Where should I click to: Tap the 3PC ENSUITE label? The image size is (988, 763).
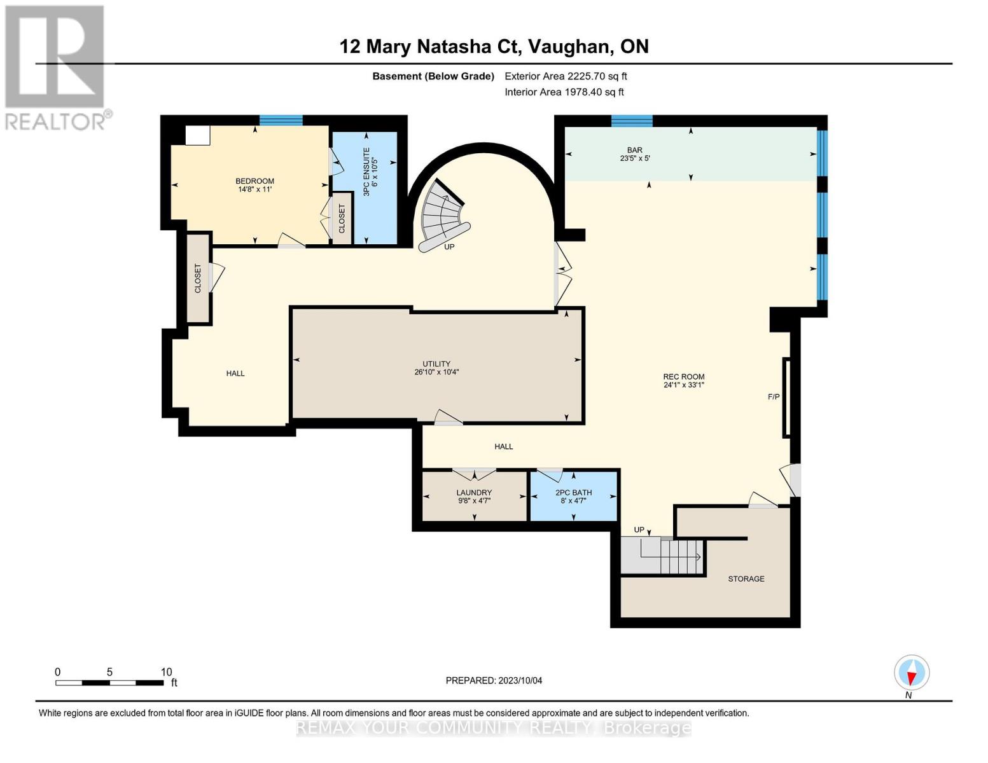pyautogui.click(x=366, y=172)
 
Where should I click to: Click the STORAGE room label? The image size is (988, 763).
pyautogui.click(x=746, y=579)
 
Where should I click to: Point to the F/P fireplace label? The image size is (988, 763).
pyautogui.click(x=774, y=397)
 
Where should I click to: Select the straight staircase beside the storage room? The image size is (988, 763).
pyautogui.click(x=662, y=555)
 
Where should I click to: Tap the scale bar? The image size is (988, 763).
pyautogui.click(x=109, y=682)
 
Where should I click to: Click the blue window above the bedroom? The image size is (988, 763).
pyautogui.click(x=281, y=120)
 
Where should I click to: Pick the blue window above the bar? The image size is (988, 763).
pyautogui.click(x=632, y=121)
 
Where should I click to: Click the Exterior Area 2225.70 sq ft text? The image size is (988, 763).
pyautogui.click(x=566, y=76)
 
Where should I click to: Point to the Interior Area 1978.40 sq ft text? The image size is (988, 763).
pyautogui.click(x=564, y=92)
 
